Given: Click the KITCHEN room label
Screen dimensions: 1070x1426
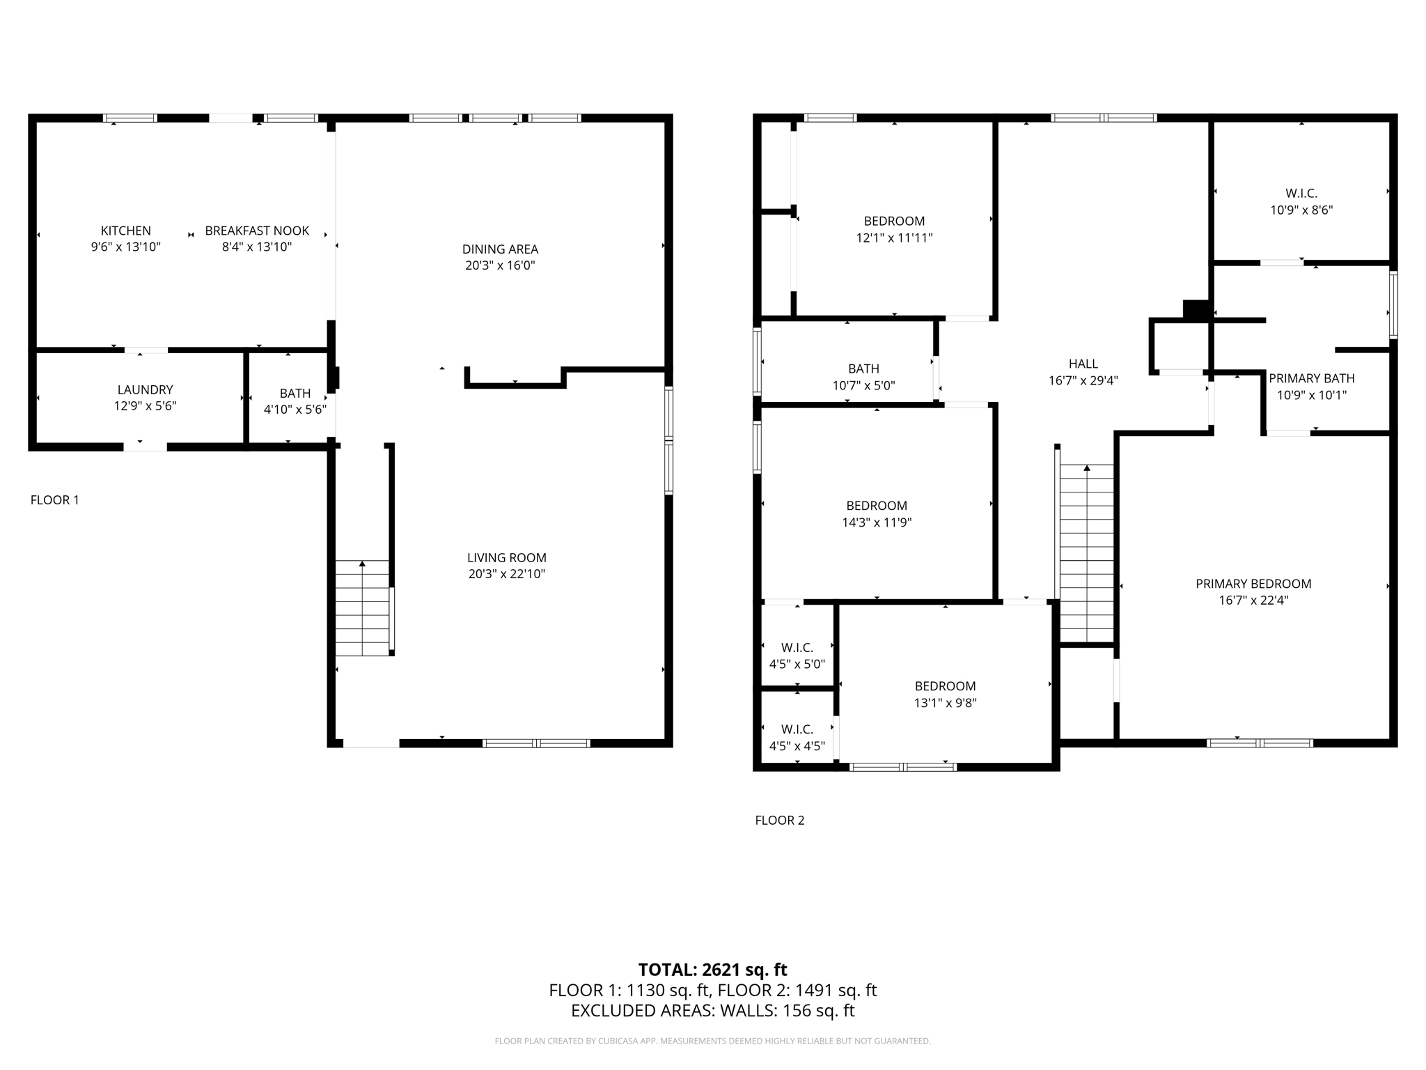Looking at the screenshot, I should coord(125,231).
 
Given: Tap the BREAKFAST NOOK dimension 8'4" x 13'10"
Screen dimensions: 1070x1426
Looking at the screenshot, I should coord(256,247).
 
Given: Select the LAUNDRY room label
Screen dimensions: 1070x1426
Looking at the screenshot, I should coord(145,390).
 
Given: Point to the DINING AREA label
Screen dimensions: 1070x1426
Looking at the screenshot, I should coord(500,249).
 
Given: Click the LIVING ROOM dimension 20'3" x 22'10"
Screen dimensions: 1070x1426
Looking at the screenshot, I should coord(506,574).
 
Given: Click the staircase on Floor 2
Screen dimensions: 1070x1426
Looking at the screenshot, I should coord(1086,554).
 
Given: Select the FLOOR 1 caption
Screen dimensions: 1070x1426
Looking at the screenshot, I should coord(54,500).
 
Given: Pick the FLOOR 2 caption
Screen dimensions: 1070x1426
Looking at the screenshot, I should coord(779,821).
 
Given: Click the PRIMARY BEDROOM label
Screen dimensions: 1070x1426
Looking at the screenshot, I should coord(1253,584).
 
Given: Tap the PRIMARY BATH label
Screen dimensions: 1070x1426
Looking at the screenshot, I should coord(1311,378).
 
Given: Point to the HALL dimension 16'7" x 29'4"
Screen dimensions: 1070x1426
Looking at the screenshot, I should coord(1083,380).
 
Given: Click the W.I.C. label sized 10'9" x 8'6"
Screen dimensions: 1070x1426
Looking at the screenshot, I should coord(1301,194).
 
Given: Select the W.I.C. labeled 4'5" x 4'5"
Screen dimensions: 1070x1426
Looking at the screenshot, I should coord(797,729).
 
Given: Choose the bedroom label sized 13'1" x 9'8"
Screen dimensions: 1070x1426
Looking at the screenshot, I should coord(945,686).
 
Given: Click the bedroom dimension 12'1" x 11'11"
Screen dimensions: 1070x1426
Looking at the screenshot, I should coord(894,238).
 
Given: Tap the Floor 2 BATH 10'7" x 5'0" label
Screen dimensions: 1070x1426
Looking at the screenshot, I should coord(863,369).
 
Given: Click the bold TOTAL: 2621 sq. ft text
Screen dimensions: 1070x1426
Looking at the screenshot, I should coord(712,970).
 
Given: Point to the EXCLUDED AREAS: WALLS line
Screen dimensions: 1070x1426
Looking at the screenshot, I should coord(712,1011).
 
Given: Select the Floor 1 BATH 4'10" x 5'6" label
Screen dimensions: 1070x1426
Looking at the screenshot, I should coord(295,394).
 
